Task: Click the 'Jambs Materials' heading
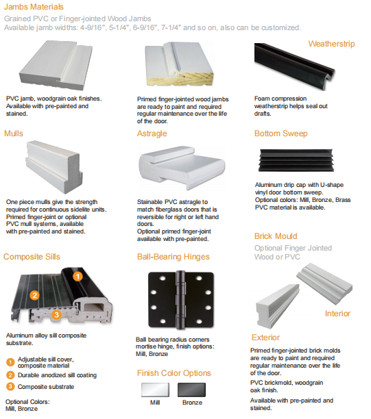coord(34,7)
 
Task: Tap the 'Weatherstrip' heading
coord(331,44)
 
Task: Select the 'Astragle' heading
coord(152,134)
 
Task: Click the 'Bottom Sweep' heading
coord(280,134)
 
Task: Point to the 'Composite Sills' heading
coord(32,257)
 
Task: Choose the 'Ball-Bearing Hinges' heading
coord(173,257)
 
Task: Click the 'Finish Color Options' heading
coord(174,373)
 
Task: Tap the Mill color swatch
coord(155,390)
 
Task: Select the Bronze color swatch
coord(191,390)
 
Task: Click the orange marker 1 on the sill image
coord(77,277)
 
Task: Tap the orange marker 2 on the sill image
coord(34,295)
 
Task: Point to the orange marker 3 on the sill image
coord(56,315)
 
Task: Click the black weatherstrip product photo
coord(294,66)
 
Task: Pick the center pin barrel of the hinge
coord(180,300)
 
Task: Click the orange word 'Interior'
coord(337,314)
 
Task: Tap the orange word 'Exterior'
coord(265,338)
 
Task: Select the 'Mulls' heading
coord(14,134)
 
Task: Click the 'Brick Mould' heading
coord(276,236)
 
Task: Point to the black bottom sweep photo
coord(296,160)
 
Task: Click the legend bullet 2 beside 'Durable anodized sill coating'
coord(10,375)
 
